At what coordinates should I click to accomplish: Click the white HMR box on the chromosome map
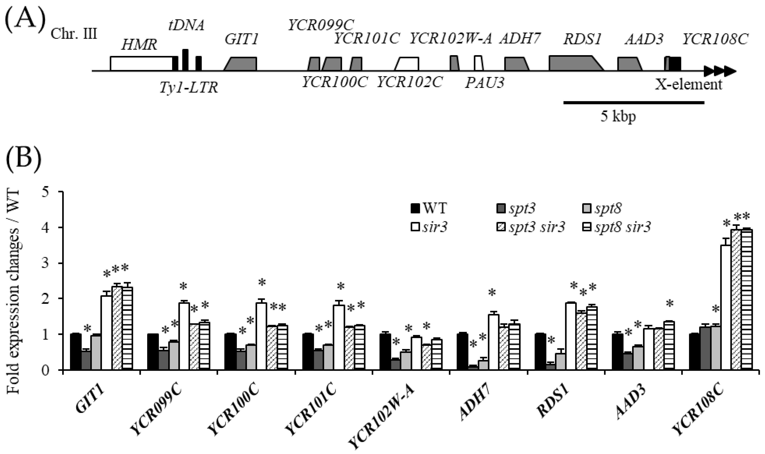pos(141,64)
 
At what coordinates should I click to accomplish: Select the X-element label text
pos(688,84)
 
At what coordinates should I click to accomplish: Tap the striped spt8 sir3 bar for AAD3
pos(669,346)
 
